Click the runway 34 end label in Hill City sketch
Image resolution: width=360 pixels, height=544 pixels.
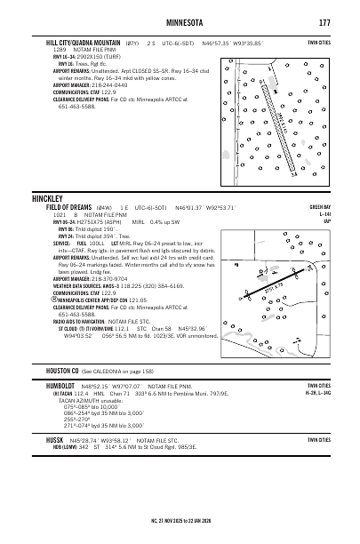(x=292, y=174)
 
